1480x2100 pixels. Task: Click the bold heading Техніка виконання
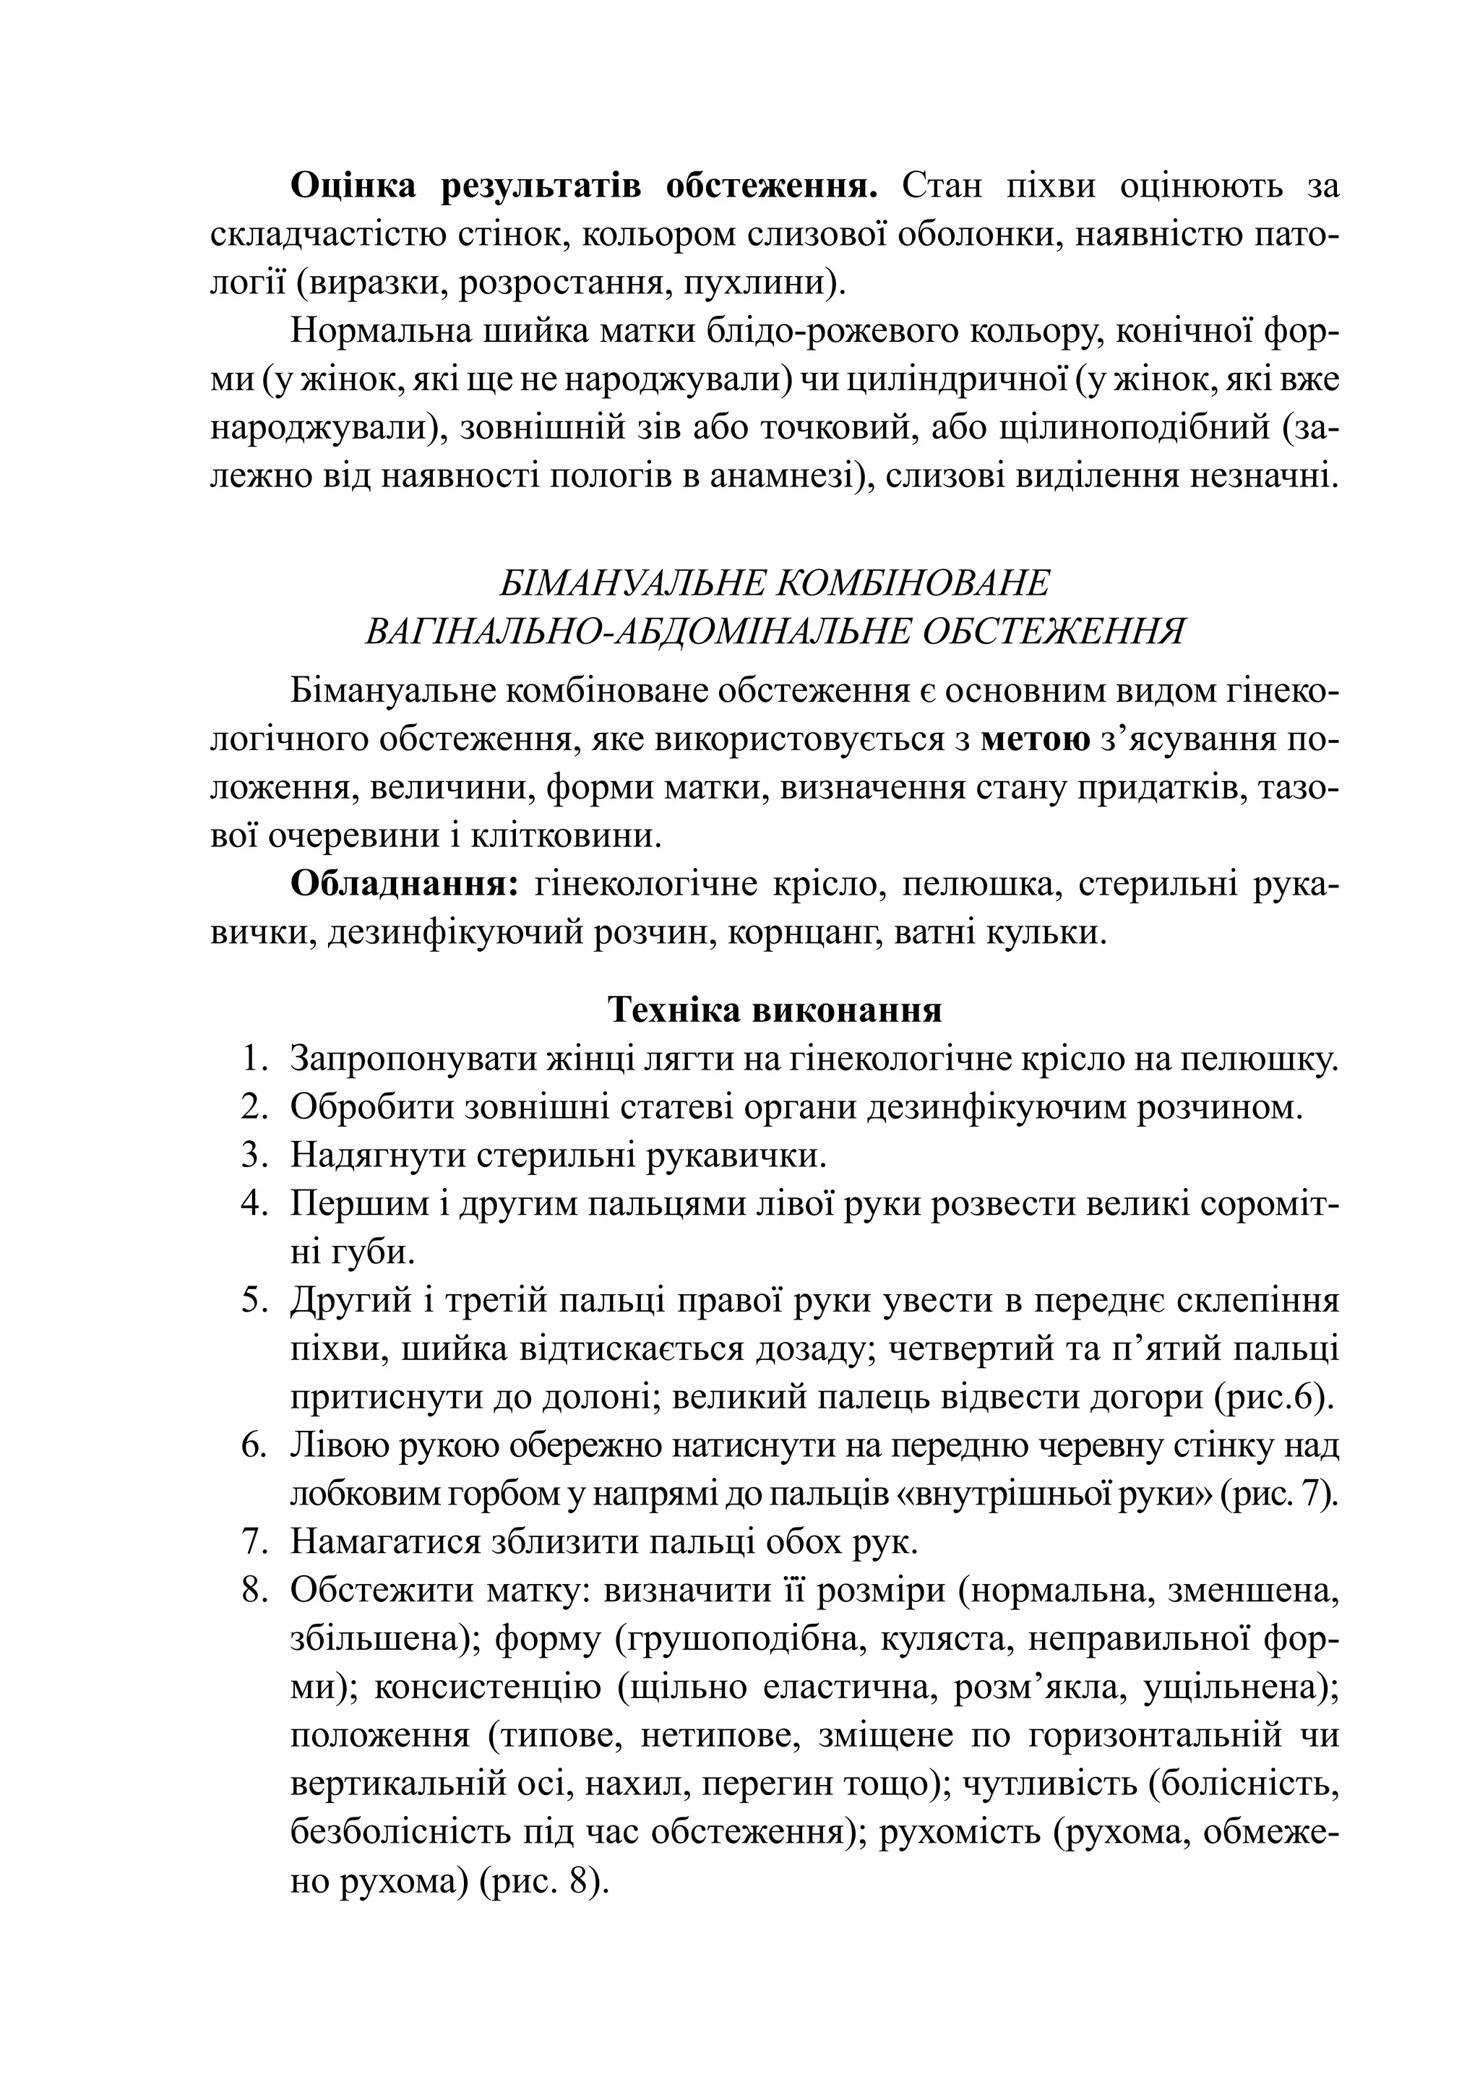[x=775, y=1010]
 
